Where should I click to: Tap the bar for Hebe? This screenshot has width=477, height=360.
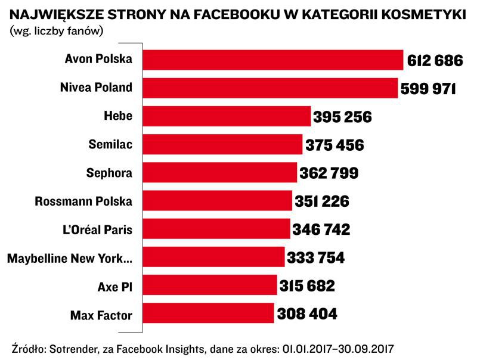[228, 116]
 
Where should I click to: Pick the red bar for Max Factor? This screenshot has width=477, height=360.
[209, 313]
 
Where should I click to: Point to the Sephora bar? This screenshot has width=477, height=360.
[221, 173]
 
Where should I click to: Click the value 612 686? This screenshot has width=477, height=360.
[435, 61]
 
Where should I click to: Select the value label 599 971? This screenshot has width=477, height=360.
[428, 89]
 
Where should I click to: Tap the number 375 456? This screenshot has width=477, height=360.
[334, 145]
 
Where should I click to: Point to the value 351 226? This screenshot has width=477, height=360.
[321, 201]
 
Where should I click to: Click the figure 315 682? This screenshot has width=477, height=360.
[307, 286]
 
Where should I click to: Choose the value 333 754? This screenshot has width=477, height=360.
[316, 258]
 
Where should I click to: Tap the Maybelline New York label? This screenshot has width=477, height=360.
[69, 258]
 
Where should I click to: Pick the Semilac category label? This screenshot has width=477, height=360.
[110, 145]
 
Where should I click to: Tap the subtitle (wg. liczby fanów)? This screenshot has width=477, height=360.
[57, 31]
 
